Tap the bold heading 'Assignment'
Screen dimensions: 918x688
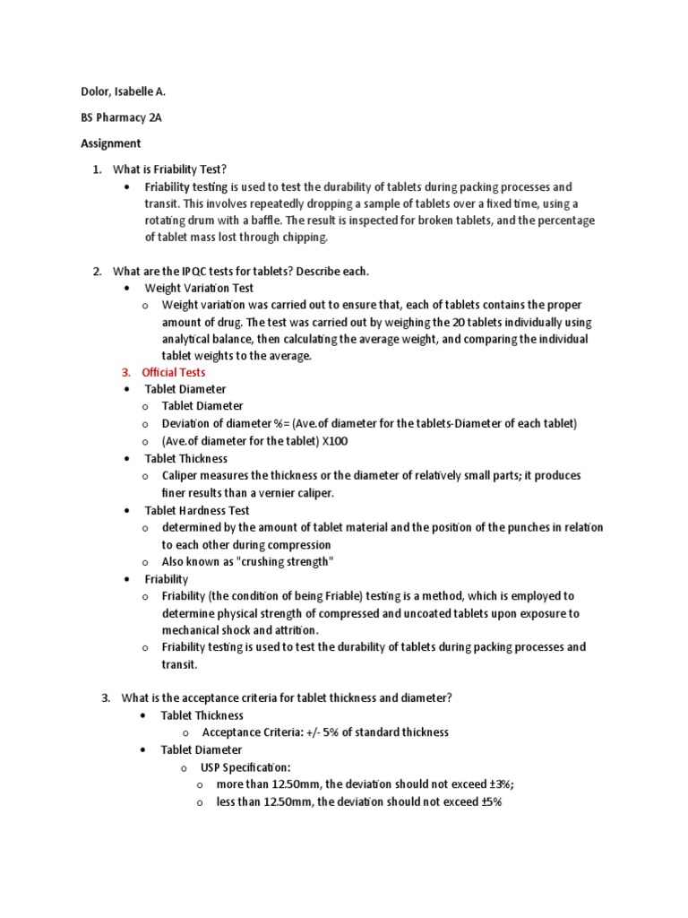pos(110,143)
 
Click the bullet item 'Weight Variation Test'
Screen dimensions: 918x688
pos(199,288)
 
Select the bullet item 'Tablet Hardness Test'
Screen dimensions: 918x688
pos(197,510)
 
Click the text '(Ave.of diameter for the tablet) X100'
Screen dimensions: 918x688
pos(254,441)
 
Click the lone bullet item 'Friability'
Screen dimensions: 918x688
pos(167,579)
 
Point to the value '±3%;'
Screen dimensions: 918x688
pos(494,784)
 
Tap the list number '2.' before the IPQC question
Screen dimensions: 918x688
pos(99,271)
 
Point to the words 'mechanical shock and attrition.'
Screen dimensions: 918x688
pos(241,630)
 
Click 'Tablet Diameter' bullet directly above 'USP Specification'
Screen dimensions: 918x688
pos(201,749)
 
